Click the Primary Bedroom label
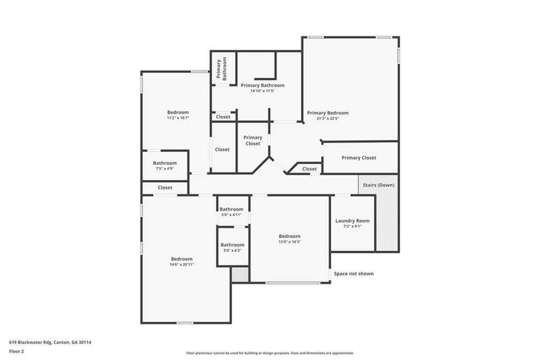[327, 112]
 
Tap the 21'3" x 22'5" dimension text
[327, 118]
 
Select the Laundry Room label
[352, 221]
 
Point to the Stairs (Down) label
[378, 185]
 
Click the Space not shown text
[353, 273]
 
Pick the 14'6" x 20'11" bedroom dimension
[181, 264]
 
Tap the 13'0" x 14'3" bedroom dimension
[290, 242]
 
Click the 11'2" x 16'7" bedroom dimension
[178, 118]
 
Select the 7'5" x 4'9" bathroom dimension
[165, 169]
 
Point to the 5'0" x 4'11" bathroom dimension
[232, 215]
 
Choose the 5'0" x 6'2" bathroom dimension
[232, 250]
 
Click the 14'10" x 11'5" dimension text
[263, 91]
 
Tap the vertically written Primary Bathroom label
[221, 69]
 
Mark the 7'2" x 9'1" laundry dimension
[352, 226]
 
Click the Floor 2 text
[16, 351]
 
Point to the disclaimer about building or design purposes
[269, 353]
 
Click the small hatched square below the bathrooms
[240, 274]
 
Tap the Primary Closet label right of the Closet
[253, 140]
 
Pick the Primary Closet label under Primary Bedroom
[359, 158]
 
